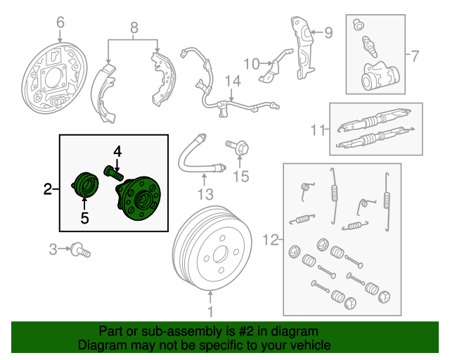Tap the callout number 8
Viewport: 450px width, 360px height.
(x=134, y=28)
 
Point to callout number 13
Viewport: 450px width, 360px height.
(x=205, y=193)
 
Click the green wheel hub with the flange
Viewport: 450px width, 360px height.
(x=139, y=199)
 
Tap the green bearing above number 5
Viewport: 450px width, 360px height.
(x=87, y=185)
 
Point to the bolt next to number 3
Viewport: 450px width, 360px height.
(x=83, y=249)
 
